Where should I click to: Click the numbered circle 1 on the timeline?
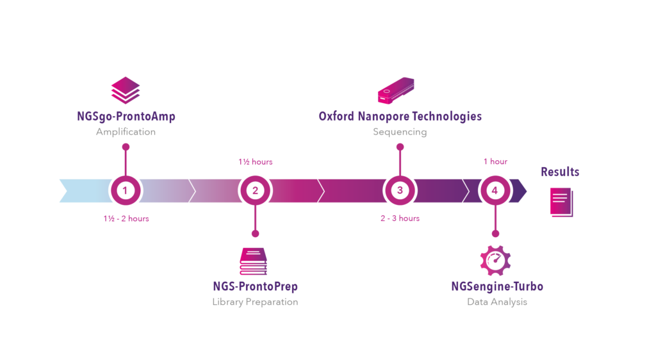pyautogui.click(x=126, y=190)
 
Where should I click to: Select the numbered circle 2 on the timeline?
pyautogui.click(x=255, y=190)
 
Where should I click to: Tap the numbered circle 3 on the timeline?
pyautogui.click(x=400, y=190)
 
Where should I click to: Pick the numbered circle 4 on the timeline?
pyautogui.click(x=494, y=190)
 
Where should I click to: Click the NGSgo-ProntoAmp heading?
pyautogui.click(x=126, y=117)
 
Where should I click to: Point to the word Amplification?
pyautogui.click(x=126, y=132)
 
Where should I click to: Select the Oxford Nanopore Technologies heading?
pyautogui.click(x=400, y=117)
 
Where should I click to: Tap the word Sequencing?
pyautogui.click(x=400, y=132)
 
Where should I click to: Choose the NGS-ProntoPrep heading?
pyautogui.click(x=255, y=286)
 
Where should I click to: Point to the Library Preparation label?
pyautogui.click(x=255, y=302)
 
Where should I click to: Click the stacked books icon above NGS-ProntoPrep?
pyautogui.click(x=253, y=261)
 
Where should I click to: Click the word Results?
pyautogui.click(x=560, y=172)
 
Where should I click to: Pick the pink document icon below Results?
pyautogui.click(x=561, y=202)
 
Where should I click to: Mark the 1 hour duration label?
pyautogui.click(x=495, y=162)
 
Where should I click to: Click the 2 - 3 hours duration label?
pyautogui.click(x=400, y=218)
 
